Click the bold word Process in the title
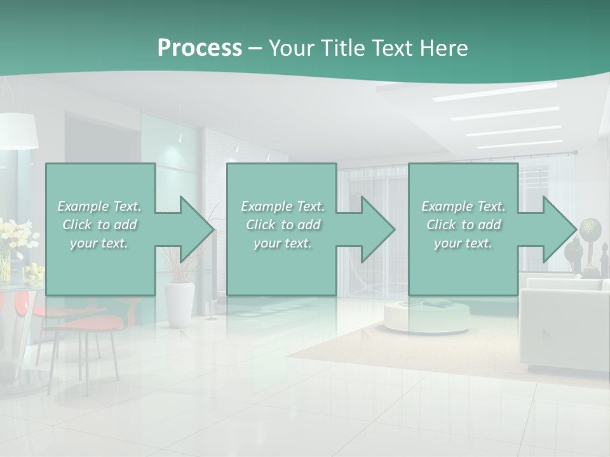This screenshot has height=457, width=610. [x=200, y=48]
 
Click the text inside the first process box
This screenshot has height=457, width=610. [x=99, y=225]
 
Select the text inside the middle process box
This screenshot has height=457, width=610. [x=282, y=225]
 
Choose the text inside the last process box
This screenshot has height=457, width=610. [x=463, y=225]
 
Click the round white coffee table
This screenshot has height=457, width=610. [x=426, y=315]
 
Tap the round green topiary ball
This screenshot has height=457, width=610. [x=589, y=227]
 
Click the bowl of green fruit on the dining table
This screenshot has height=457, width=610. [x=34, y=273]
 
